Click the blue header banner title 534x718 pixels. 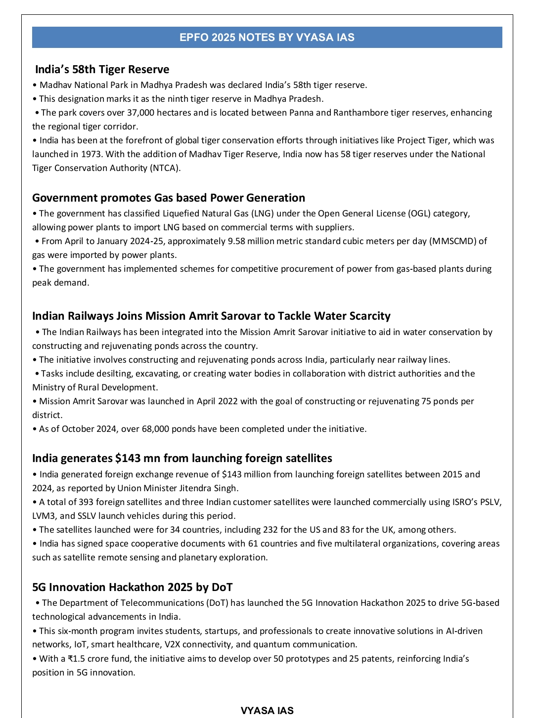coord(267,38)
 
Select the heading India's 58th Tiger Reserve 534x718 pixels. coord(102,70)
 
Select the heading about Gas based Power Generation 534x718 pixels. coord(169,198)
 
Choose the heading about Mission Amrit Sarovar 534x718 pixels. coord(211,316)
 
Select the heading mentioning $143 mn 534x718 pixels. coord(182,459)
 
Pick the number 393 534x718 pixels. coord(85,502)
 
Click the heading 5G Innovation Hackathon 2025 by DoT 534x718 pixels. coord(132,588)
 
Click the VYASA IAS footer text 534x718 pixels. coord(267,711)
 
